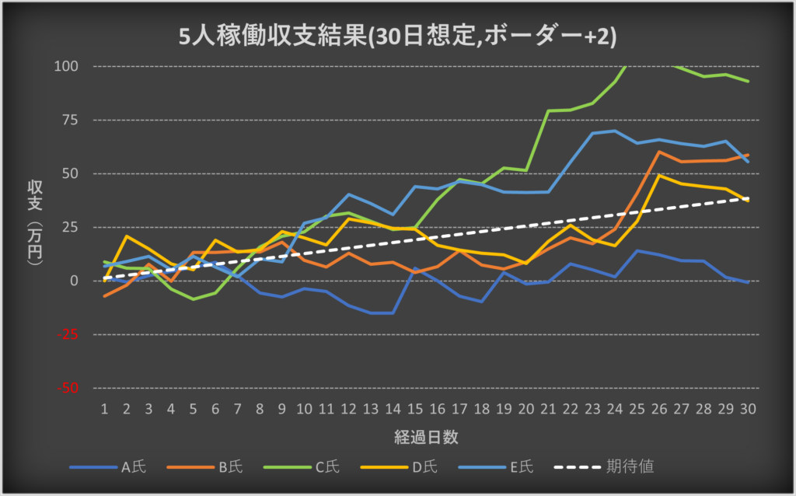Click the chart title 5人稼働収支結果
click(x=397, y=37)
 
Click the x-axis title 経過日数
click(x=425, y=437)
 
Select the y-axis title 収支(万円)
click(x=35, y=225)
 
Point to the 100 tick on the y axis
click(x=68, y=66)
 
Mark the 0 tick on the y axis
click(x=75, y=281)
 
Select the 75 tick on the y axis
click(x=71, y=120)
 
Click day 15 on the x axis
click(x=416, y=408)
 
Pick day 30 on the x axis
click(x=748, y=408)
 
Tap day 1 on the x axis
click(x=104, y=408)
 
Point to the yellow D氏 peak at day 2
click(x=127, y=236)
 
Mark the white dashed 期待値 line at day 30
click(x=748, y=199)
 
